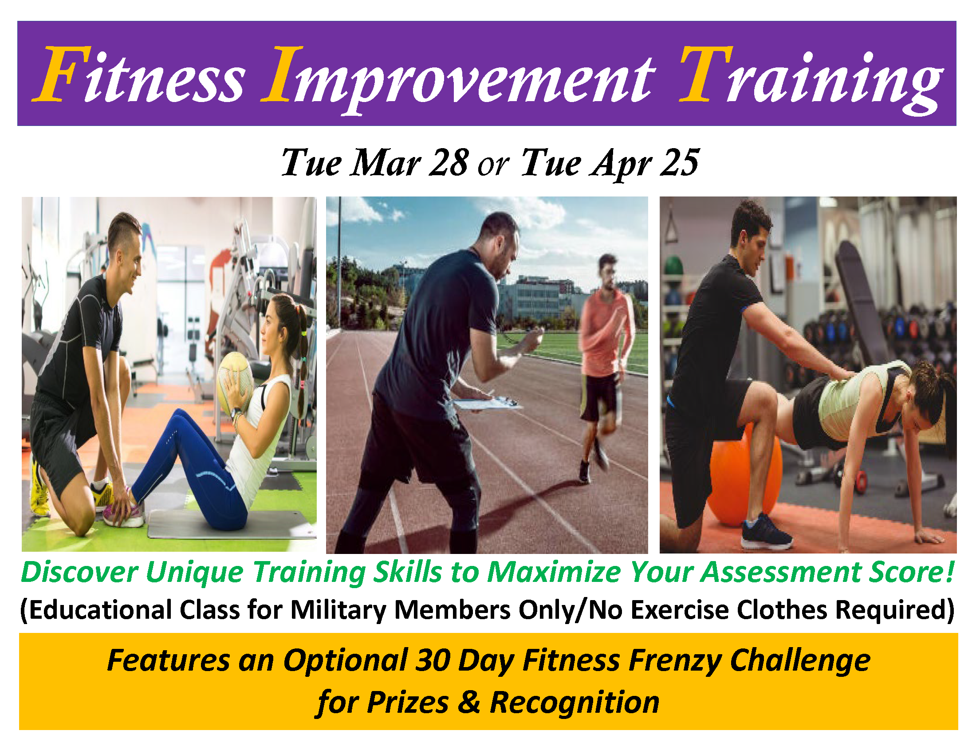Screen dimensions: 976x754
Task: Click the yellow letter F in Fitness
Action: pyautogui.click(x=60, y=74)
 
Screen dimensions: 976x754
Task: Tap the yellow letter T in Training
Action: pyautogui.click(x=706, y=74)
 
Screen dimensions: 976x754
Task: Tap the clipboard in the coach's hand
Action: pyautogui.click(x=488, y=404)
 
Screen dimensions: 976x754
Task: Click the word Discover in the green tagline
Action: pyautogui.click(x=79, y=572)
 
